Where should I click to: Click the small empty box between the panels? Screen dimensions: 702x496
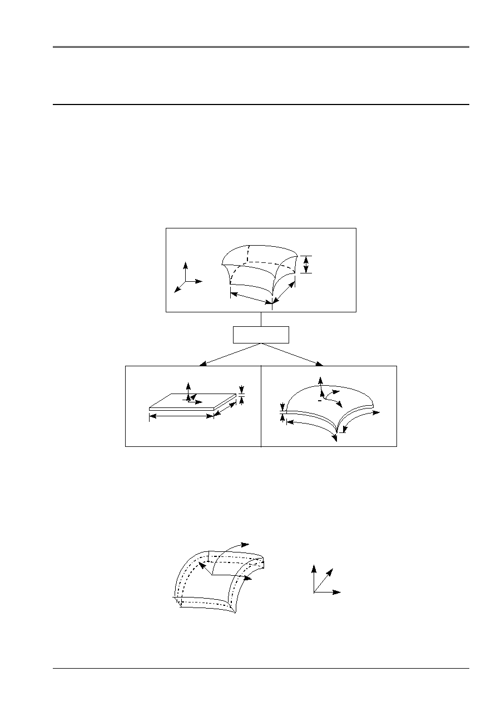[x=261, y=335]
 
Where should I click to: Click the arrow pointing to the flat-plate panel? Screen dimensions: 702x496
[x=203, y=364]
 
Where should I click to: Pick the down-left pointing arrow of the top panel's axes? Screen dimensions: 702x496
[x=177, y=289]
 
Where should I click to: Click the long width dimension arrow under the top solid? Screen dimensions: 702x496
[x=251, y=298]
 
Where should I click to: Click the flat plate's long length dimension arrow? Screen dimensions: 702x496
[x=181, y=416]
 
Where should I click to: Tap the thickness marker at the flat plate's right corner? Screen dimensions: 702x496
[x=241, y=395]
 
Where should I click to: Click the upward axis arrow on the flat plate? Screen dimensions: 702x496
[x=189, y=387]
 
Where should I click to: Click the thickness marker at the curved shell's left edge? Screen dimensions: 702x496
[x=282, y=413]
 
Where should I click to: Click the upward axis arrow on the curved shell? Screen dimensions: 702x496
[x=320, y=381]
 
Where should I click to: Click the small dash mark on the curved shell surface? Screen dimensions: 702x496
[x=319, y=401]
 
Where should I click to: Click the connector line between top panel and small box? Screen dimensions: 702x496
[x=261, y=320]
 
